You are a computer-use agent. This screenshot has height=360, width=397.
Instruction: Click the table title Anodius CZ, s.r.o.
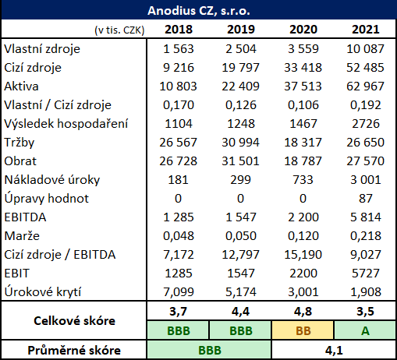point(199,11)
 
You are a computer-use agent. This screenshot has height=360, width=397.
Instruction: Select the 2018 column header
point(179,30)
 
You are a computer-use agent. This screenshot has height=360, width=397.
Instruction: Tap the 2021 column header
point(366,30)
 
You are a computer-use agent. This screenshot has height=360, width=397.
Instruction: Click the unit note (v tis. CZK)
point(119,30)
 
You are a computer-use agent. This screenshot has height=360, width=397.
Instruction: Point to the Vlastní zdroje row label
point(42,49)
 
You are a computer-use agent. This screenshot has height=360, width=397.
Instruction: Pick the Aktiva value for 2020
point(303,86)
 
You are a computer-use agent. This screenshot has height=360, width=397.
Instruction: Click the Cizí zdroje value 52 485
point(365,68)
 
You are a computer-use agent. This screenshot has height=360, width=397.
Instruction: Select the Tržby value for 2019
point(240,143)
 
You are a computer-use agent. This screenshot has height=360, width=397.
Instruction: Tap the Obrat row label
point(20,161)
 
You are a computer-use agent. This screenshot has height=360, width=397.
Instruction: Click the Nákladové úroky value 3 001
point(366,180)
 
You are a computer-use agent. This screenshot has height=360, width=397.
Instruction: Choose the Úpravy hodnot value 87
point(366,199)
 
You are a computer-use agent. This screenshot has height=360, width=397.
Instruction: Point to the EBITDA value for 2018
point(179,217)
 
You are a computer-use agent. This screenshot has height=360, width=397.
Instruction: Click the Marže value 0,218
point(366,236)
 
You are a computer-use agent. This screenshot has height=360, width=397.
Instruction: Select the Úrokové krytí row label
point(43,292)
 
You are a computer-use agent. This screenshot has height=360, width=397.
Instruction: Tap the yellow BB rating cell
point(303,330)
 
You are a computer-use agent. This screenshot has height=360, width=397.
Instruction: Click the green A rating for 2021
point(365,330)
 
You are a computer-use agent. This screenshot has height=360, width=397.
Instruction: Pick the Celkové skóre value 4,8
point(303,311)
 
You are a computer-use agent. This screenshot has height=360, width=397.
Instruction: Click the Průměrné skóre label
point(74,350)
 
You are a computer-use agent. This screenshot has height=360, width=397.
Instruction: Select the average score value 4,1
point(334,351)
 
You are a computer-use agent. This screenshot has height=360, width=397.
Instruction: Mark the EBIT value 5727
point(366,274)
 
